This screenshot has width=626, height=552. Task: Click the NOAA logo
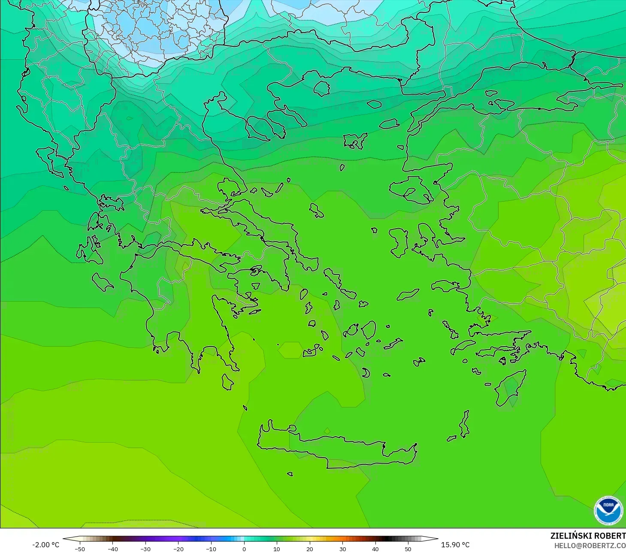(608, 510)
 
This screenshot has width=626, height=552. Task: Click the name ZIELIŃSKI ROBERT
(588, 536)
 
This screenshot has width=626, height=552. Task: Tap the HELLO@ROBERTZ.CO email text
(590, 546)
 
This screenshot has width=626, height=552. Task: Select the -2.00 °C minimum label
(45, 545)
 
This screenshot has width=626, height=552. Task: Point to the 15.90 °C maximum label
(455, 545)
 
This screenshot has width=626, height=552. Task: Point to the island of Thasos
(321, 88)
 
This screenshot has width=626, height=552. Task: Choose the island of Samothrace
(374, 104)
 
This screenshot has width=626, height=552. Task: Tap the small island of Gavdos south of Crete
(290, 474)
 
